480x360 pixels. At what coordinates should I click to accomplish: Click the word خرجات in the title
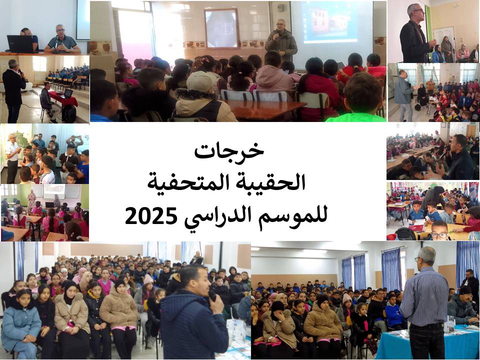coord(229,150)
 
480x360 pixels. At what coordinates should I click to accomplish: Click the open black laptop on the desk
coord(20,44)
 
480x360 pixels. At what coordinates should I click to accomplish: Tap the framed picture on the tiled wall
coord(221,28)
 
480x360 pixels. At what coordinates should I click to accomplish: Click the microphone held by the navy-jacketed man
coord(212,294)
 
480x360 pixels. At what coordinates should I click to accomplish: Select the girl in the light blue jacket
coord(20,324)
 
